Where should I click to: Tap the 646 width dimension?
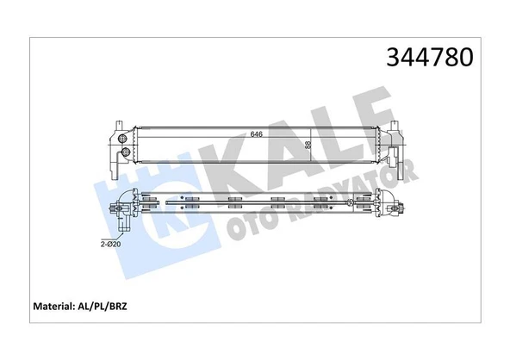click(x=256, y=133)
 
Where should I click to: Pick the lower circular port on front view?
click(x=126, y=153)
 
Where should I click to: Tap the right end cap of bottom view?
click(x=398, y=207)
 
